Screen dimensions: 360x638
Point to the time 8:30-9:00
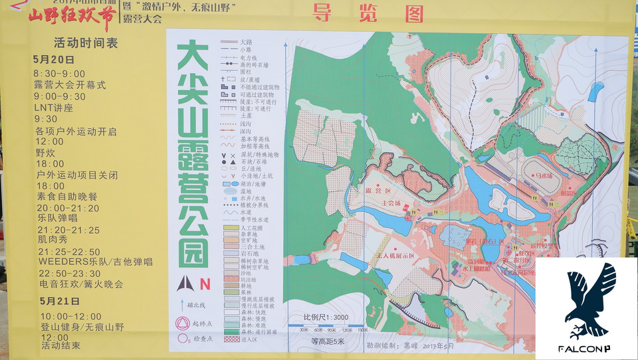[x=60, y=73]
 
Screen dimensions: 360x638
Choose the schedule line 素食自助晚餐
[x=66, y=197]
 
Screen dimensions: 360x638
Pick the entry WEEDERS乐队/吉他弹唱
[x=95, y=262]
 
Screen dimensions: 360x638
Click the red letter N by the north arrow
[x=205, y=284]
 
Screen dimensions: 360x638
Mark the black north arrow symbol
[x=185, y=284]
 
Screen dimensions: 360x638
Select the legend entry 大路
[x=247, y=42]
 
